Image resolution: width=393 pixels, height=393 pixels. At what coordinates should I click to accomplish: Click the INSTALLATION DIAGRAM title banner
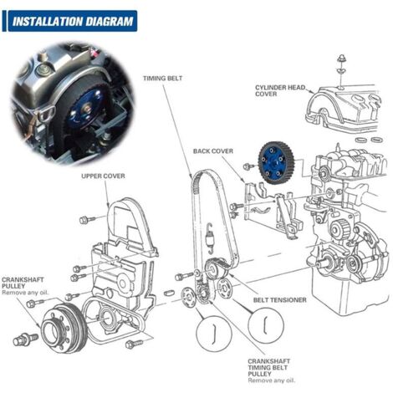71,20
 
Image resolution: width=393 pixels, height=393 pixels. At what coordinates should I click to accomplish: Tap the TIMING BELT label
164,75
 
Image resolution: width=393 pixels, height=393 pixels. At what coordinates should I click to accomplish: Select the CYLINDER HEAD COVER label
281,90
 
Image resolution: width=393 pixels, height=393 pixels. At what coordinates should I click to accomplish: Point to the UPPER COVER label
103,176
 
